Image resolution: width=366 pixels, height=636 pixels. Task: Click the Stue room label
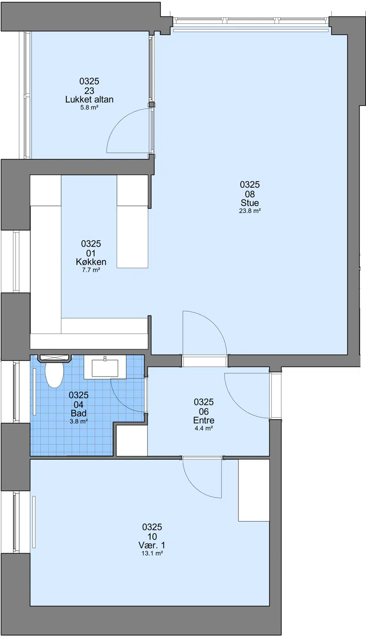click(x=250, y=203)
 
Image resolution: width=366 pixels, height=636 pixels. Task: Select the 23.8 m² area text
click(x=250, y=211)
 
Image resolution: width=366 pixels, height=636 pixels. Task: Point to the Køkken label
click(x=91, y=262)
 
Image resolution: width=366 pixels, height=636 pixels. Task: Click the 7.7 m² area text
click(x=91, y=270)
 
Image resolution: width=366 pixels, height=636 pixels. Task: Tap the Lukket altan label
click(x=90, y=99)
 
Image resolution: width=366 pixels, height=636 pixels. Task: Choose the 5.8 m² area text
click(x=90, y=108)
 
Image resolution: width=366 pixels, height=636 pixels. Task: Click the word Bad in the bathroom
click(x=79, y=413)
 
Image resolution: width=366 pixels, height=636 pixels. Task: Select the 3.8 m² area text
click(x=79, y=421)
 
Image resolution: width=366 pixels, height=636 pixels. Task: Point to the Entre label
click(x=204, y=420)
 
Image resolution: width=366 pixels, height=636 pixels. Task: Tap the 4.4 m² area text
click(x=204, y=428)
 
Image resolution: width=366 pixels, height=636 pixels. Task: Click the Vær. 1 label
click(x=152, y=545)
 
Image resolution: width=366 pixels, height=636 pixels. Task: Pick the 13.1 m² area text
click(x=152, y=553)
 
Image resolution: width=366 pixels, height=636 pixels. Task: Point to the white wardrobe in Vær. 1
click(x=254, y=490)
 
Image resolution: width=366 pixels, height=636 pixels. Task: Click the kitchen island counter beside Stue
click(x=132, y=221)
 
